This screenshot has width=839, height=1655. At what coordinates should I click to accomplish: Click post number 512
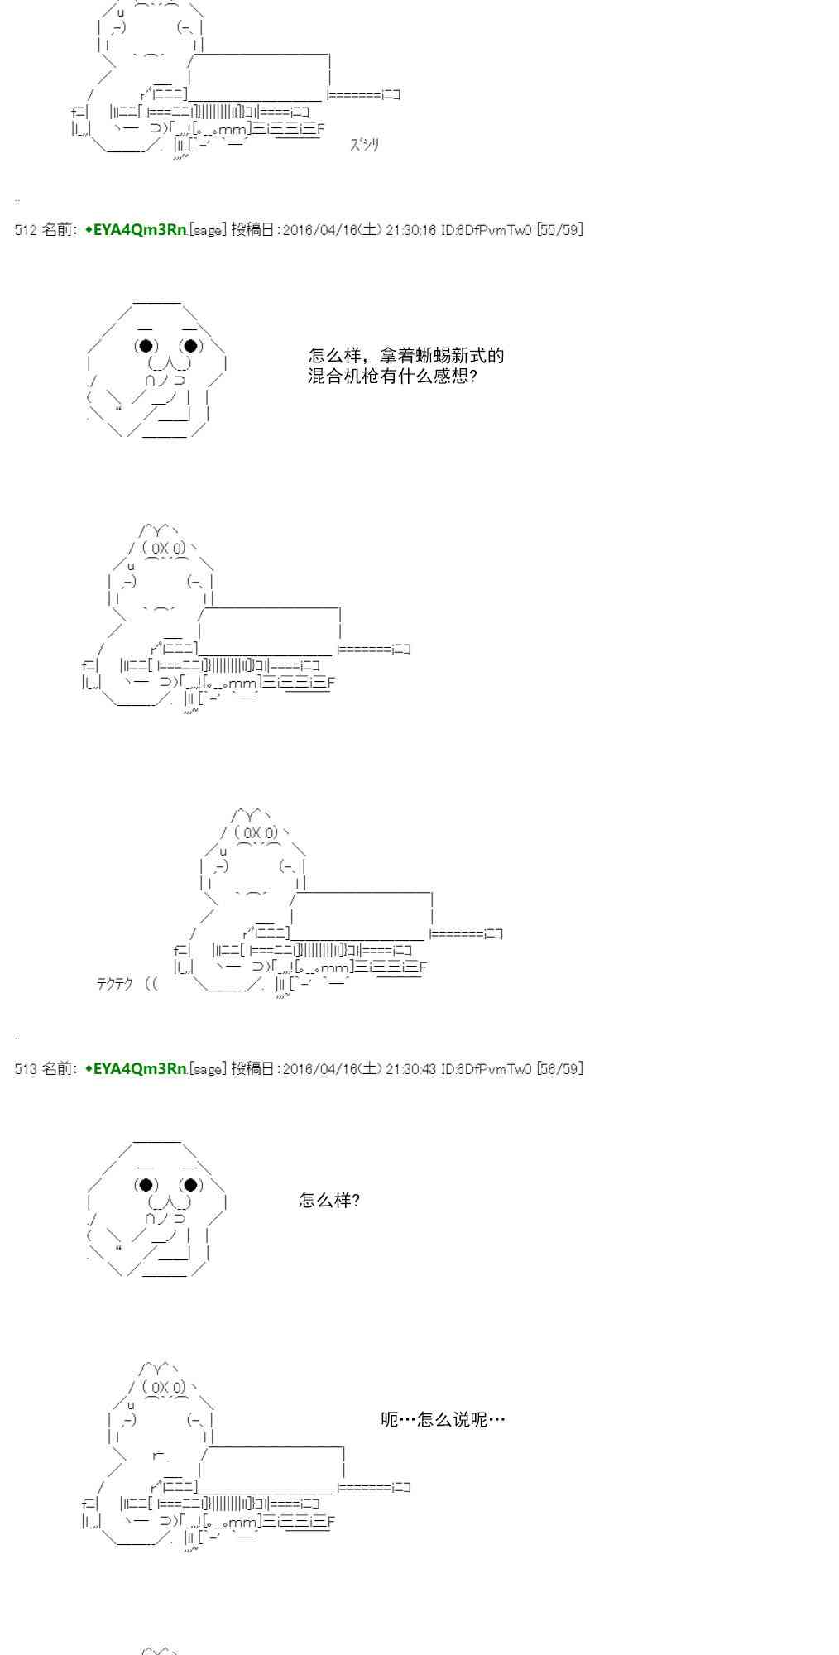point(26,230)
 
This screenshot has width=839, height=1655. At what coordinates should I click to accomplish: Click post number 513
point(26,1069)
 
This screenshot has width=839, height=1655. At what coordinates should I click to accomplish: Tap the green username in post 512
point(136,230)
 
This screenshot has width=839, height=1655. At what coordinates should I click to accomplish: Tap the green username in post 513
point(136,1069)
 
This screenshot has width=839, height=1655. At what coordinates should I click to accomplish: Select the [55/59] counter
point(560,230)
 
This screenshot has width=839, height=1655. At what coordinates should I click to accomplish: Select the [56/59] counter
point(560,1069)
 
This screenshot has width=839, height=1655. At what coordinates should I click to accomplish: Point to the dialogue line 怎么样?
point(329,1200)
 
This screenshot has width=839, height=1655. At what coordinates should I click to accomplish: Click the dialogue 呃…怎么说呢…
point(443,1420)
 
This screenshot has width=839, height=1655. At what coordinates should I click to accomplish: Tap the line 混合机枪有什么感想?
point(393,377)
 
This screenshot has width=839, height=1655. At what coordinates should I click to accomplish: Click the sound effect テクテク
point(115,984)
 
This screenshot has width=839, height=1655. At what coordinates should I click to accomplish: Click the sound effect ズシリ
point(364,145)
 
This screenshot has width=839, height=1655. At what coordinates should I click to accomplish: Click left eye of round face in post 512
point(146,346)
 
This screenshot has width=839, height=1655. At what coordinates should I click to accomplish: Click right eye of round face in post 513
point(191,1185)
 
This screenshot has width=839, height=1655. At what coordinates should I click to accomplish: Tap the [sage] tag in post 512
point(208,230)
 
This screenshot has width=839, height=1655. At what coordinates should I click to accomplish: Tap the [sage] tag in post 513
point(208,1069)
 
